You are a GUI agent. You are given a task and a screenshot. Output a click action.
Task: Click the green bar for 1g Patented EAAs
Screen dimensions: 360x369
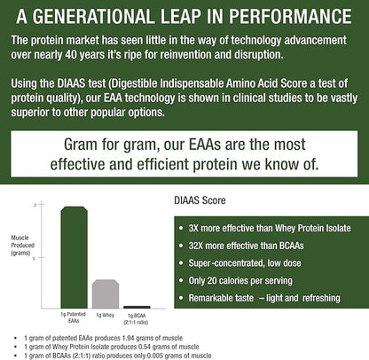pyautogui.click(x=74, y=257)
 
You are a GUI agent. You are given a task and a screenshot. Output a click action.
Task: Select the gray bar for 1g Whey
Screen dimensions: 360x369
pyautogui.click(x=106, y=293)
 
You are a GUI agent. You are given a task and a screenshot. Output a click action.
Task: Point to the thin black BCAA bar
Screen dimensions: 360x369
pyautogui.click(x=137, y=307)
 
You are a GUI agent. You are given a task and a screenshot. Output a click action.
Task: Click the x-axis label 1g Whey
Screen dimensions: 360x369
pyautogui.click(x=106, y=316)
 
